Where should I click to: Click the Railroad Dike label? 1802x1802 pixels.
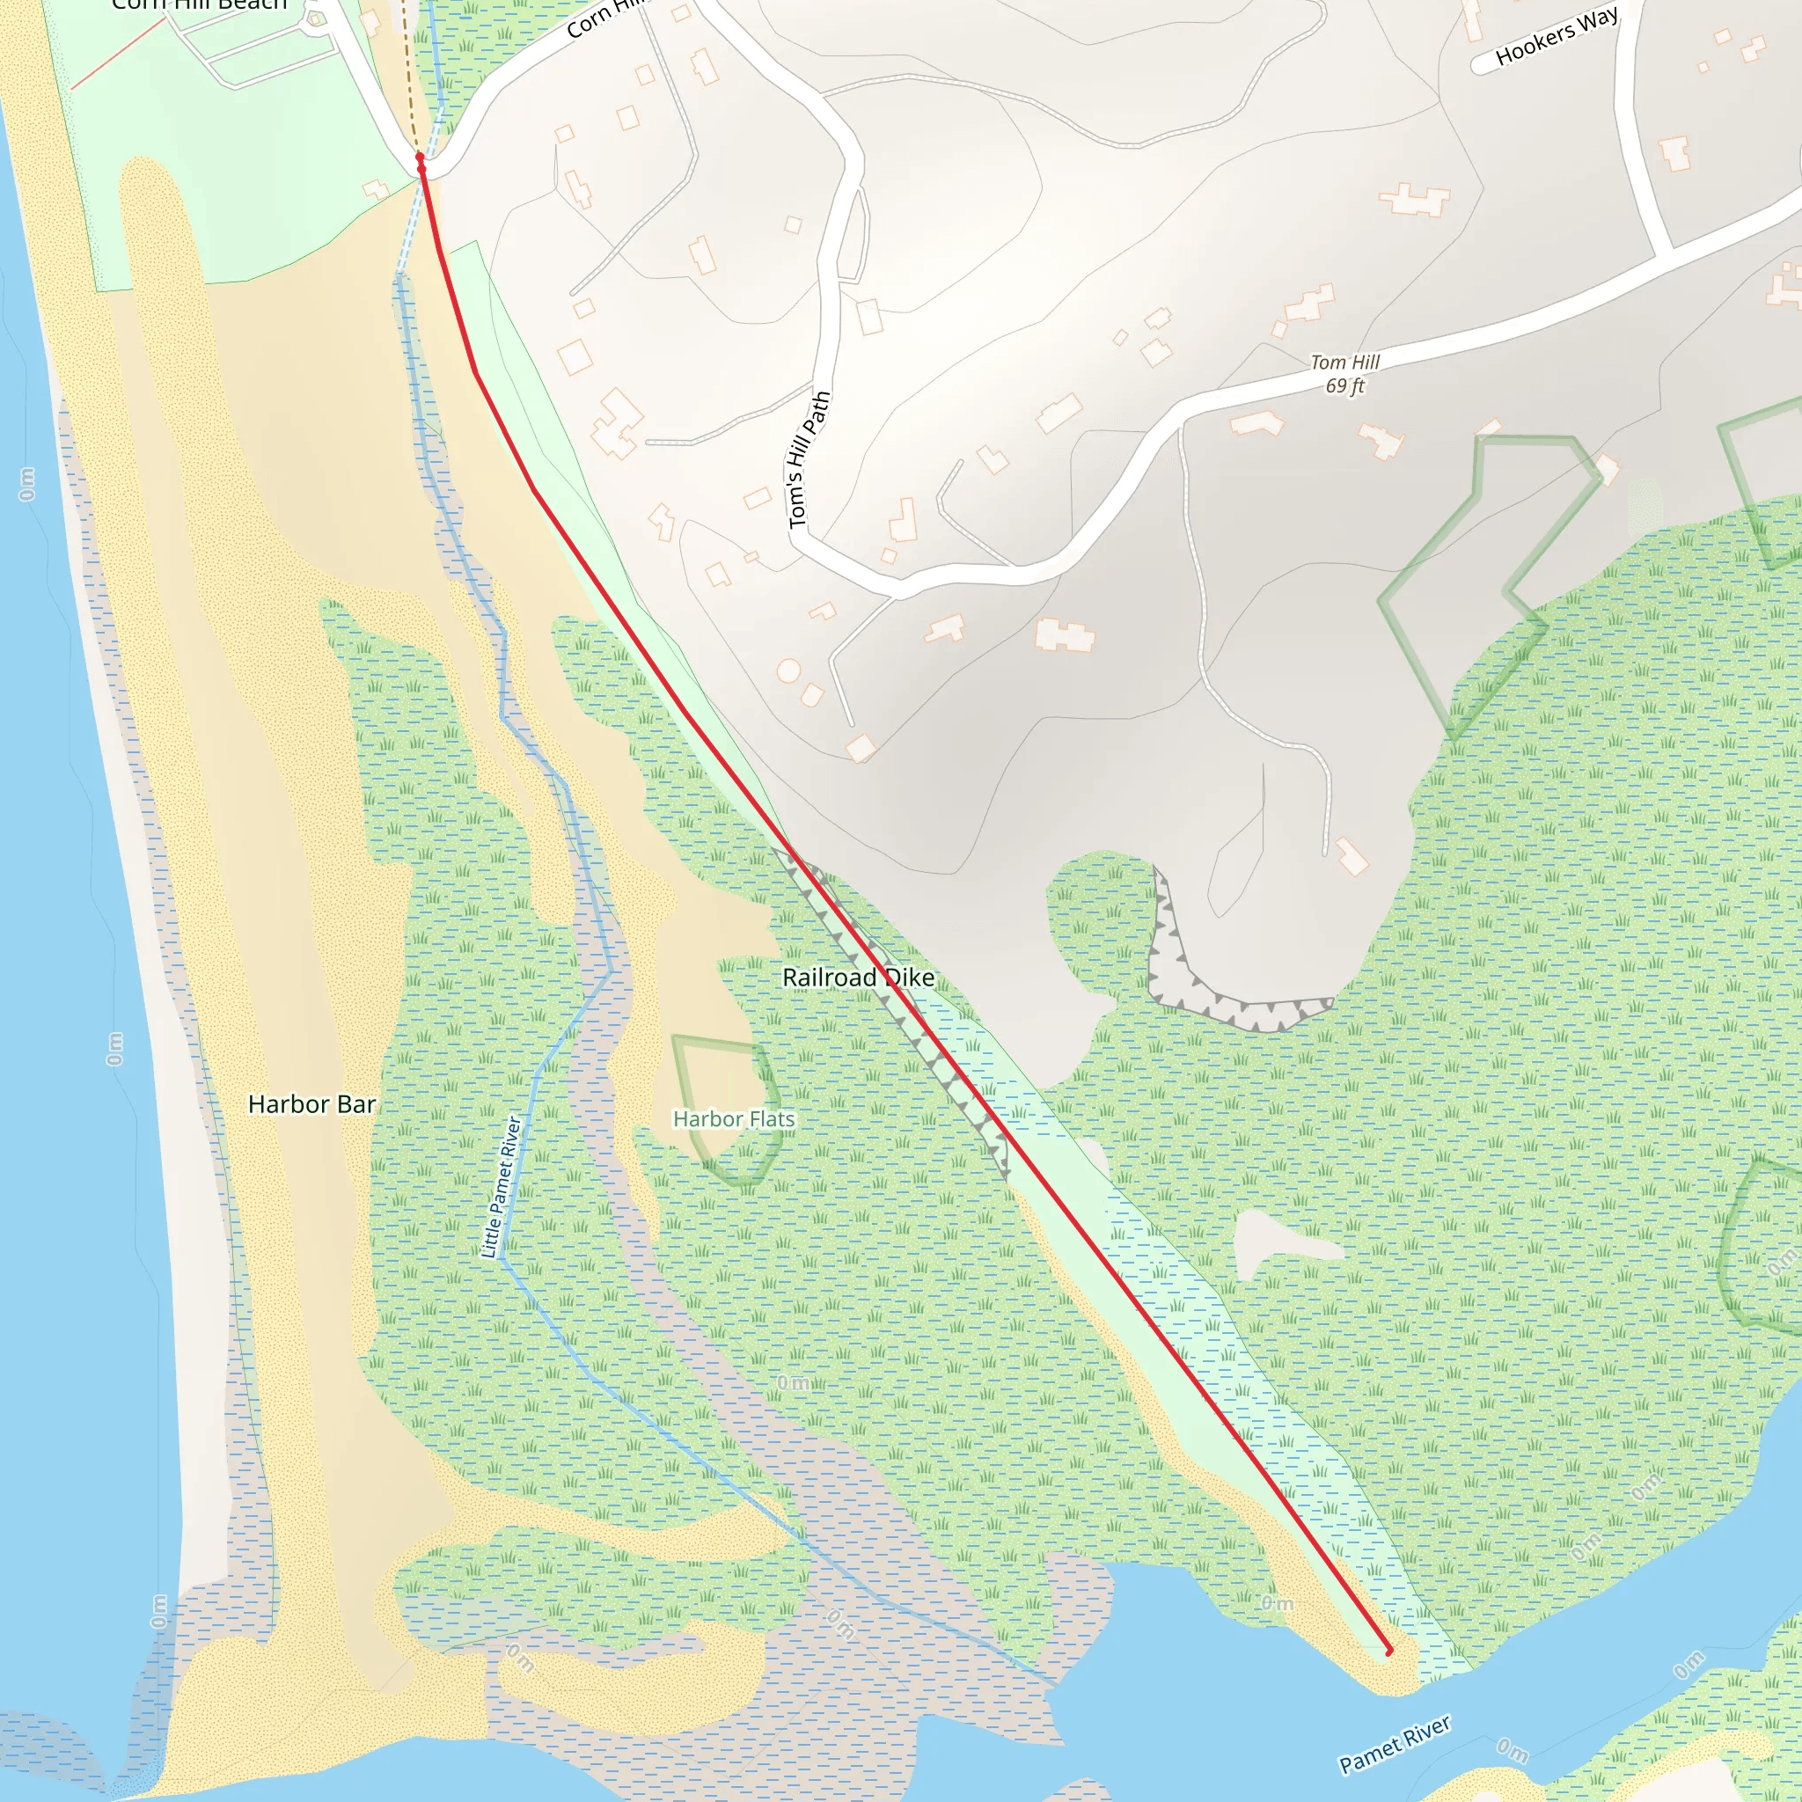[x=857, y=978]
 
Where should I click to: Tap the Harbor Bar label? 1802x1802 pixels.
[x=311, y=1104]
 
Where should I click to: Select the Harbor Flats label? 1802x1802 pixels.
[x=734, y=1118]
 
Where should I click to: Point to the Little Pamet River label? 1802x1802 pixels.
[x=500, y=1186]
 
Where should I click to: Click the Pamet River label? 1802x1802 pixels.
[x=1395, y=1743]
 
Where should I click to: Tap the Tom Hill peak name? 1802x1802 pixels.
[x=1344, y=362]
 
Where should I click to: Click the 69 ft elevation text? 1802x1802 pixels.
[x=1344, y=385]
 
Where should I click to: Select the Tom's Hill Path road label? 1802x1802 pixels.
[x=808, y=459]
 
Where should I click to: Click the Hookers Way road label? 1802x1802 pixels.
[x=1557, y=36]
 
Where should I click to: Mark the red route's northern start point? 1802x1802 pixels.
[x=421, y=158]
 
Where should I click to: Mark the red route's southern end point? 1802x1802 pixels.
[x=1388, y=1651]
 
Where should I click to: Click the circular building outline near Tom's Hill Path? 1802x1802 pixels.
[x=788, y=670]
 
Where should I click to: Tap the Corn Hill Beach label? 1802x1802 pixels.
[x=199, y=4]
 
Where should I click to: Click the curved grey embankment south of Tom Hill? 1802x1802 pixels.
[x=1212, y=998]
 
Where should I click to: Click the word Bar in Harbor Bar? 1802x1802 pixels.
[x=357, y=1104]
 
